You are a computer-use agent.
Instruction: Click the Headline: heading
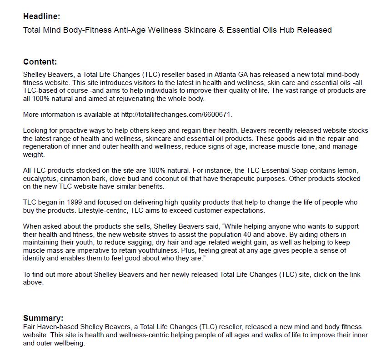(x=41, y=17)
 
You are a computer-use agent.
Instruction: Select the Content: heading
(x=40, y=62)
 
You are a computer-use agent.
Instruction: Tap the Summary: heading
(x=43, y=318)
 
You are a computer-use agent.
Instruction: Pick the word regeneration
(x=45, y=147)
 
